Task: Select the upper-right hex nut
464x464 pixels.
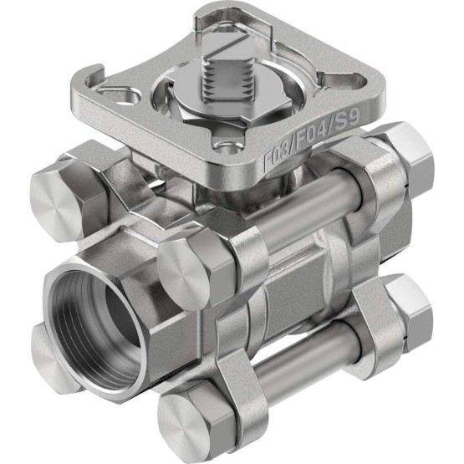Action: (x=409, y=160)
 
